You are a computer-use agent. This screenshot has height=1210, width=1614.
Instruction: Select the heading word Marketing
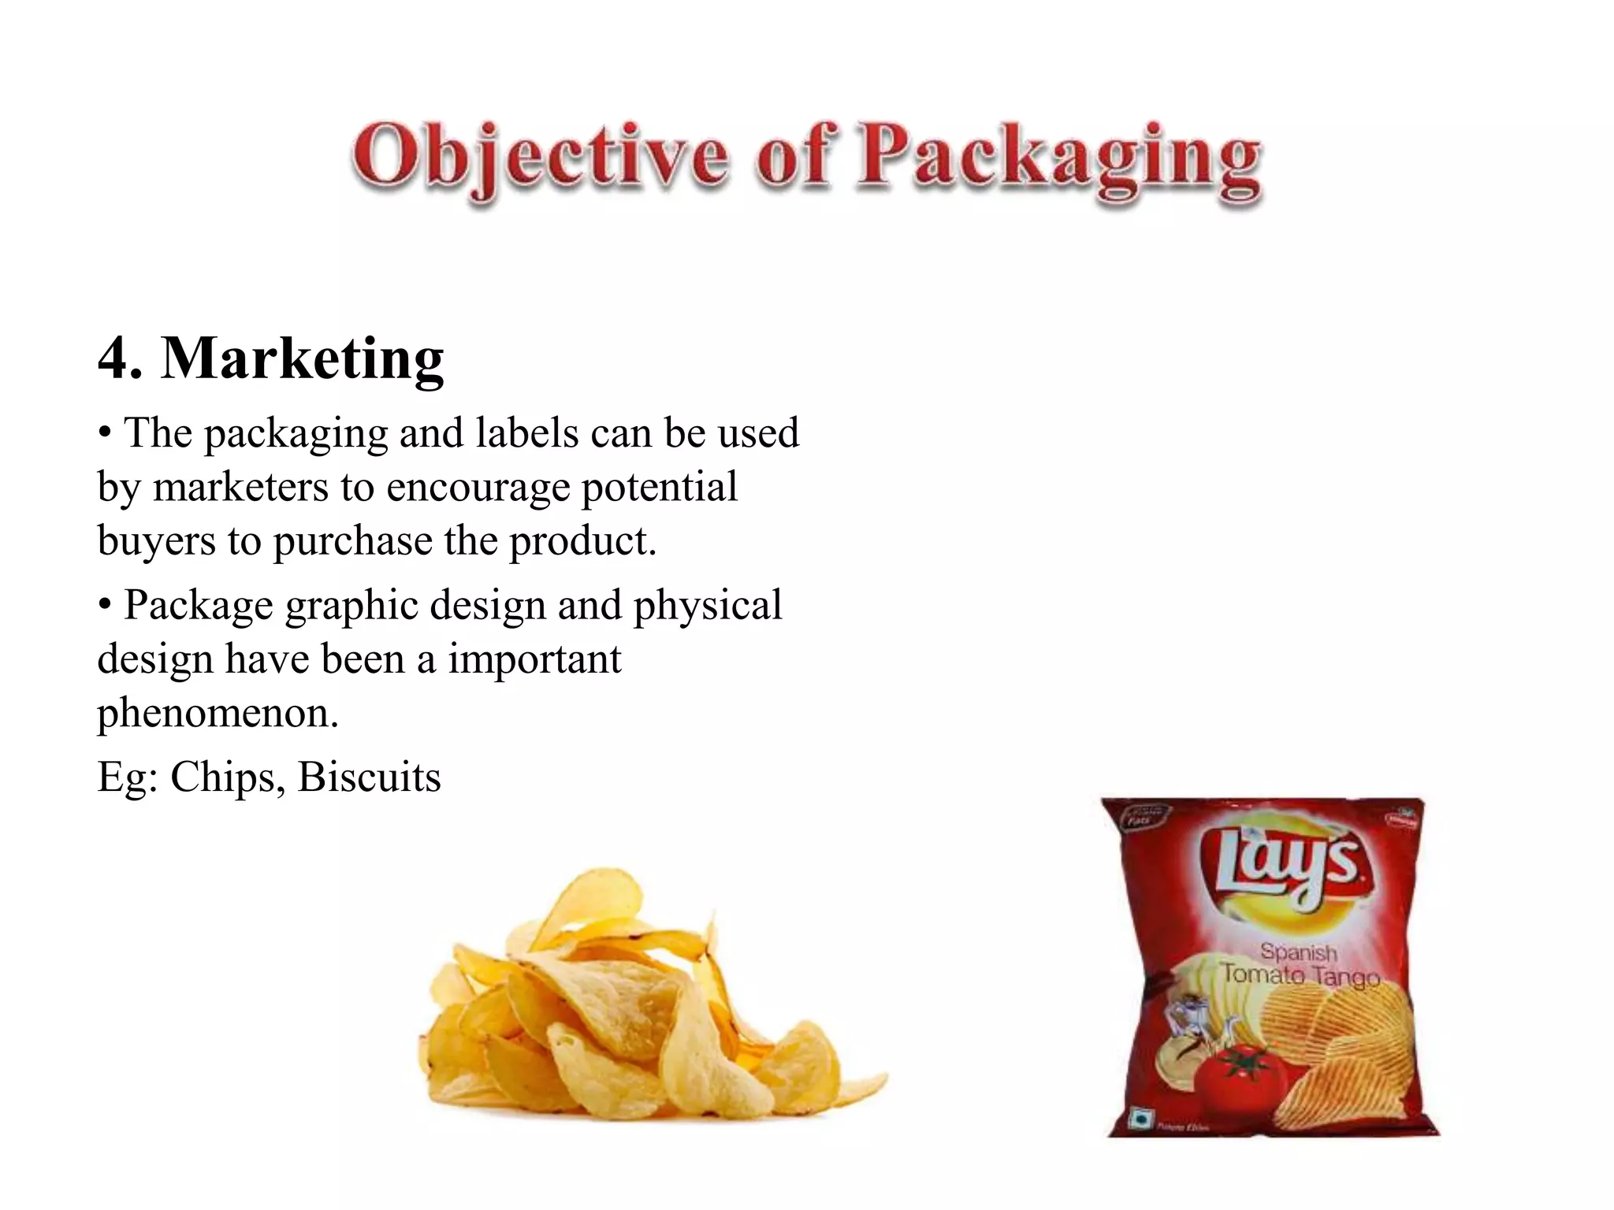click(303, 358)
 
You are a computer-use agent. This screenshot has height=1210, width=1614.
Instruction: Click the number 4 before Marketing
click(113, 358)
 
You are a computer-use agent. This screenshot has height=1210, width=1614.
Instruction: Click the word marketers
click(240, 487)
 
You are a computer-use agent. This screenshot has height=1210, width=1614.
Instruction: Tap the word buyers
click(156, 541)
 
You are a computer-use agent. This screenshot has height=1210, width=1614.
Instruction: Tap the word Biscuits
click(369, 778)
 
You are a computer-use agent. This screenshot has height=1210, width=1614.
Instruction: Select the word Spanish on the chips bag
click(1298, 952)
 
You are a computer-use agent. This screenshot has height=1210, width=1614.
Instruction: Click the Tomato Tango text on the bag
click(1300, 976)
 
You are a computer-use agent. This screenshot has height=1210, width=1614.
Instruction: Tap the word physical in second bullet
click(707, 606)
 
